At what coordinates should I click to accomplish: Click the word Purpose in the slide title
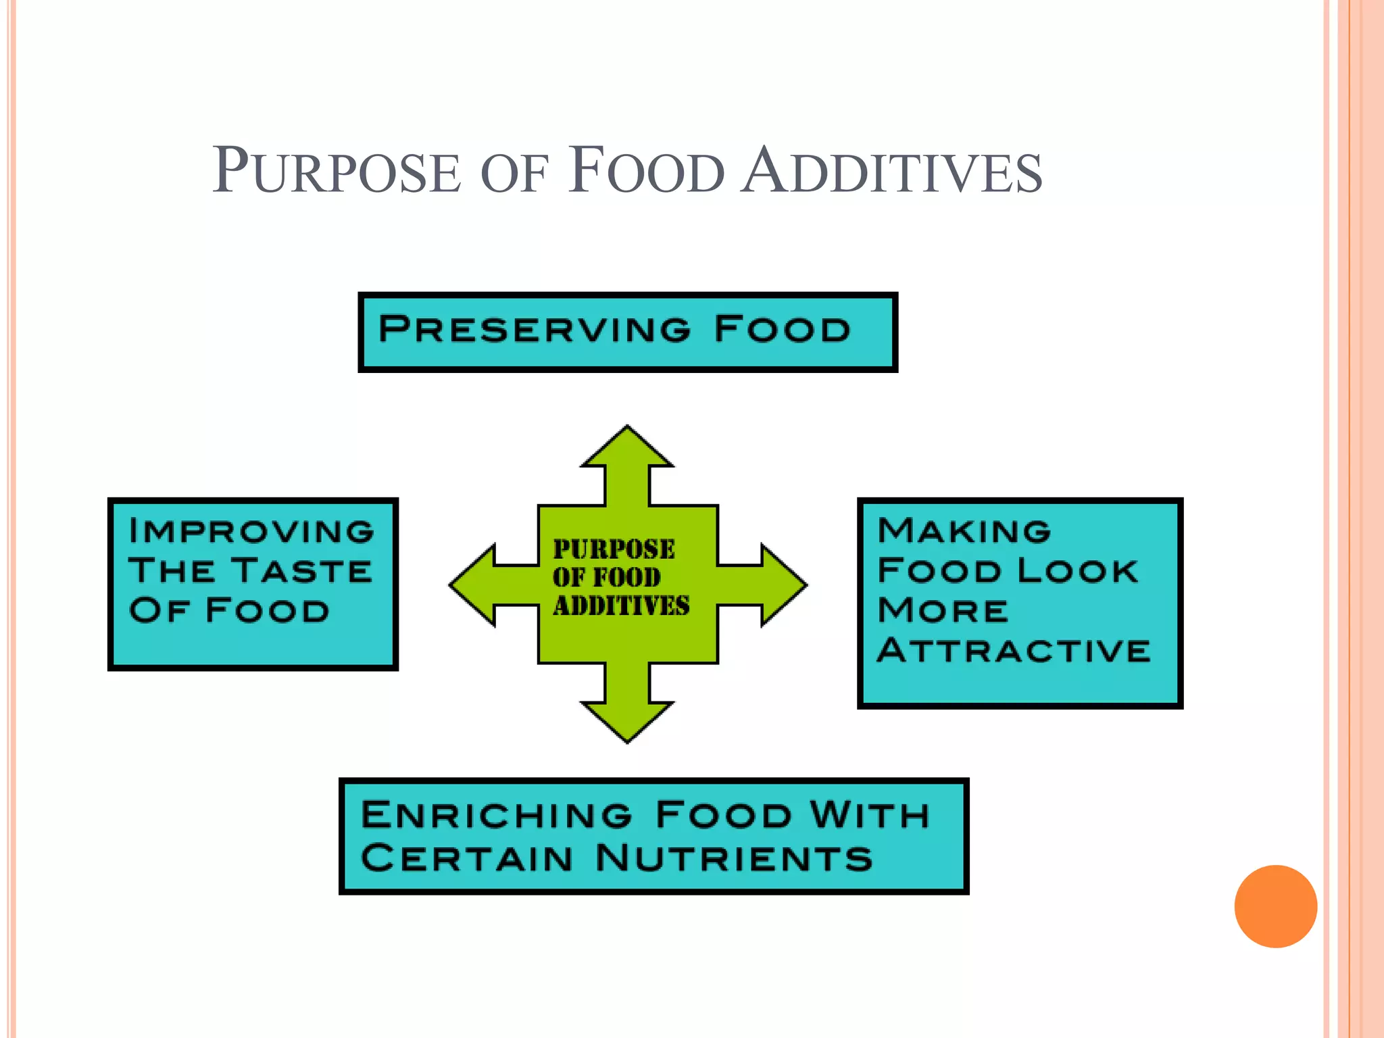[x=337, y=171]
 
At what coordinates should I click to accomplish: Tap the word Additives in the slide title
[x=891, y=171]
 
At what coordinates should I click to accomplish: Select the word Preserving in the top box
[x=535, y=329]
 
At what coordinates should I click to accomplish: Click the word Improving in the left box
[x=251, y=531]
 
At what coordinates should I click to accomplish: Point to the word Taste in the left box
[x=302, y=571]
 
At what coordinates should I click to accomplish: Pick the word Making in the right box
[x=964, y=530]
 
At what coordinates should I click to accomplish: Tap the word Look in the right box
[x=1078, y=571]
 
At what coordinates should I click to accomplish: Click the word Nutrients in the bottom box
[x=735, y=858]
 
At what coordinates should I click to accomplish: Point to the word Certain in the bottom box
[x=467, y=858]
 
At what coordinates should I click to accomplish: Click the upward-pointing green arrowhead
[x=627, y=447]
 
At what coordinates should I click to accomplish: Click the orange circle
[x=1275, y=906]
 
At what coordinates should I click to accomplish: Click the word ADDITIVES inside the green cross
[x=621, y=606]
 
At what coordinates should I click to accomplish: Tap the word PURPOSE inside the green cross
[x=614, y=549]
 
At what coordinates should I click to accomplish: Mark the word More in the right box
[x=943, y=611]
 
